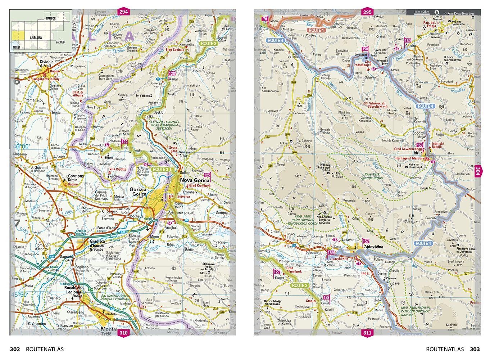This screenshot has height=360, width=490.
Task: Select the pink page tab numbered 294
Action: point(124,12)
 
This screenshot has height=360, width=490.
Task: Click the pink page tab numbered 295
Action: point(367,12)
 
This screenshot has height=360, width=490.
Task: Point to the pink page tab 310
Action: point(123,333)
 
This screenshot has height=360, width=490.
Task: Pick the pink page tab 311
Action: point(367,333)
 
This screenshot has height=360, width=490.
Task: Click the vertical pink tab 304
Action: point(477,171)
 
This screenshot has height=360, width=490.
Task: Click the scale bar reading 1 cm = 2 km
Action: point(422,12)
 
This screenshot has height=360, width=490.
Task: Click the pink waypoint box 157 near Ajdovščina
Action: point(366,241)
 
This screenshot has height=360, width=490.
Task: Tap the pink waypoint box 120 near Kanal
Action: point(172,73)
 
